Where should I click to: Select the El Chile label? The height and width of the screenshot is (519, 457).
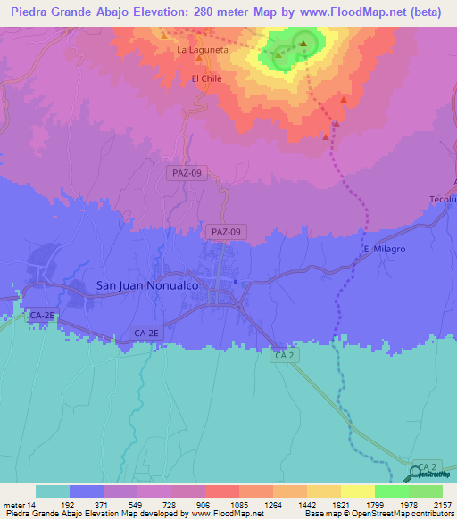[206, 78]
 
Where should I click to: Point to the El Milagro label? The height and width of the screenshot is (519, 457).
[384, 249]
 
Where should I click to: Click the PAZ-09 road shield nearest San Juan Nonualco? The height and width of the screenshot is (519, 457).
[224, 231]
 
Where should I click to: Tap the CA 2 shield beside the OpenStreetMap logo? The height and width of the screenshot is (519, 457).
[428, 468]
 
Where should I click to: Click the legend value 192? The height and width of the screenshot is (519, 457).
[69, 504]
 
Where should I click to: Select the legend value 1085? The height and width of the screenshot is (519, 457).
[221, 504]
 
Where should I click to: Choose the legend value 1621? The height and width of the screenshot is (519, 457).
[322, 504]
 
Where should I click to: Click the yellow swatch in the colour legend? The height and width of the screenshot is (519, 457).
[357, 491]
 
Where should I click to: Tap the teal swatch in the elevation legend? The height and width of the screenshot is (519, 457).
[52, 491]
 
